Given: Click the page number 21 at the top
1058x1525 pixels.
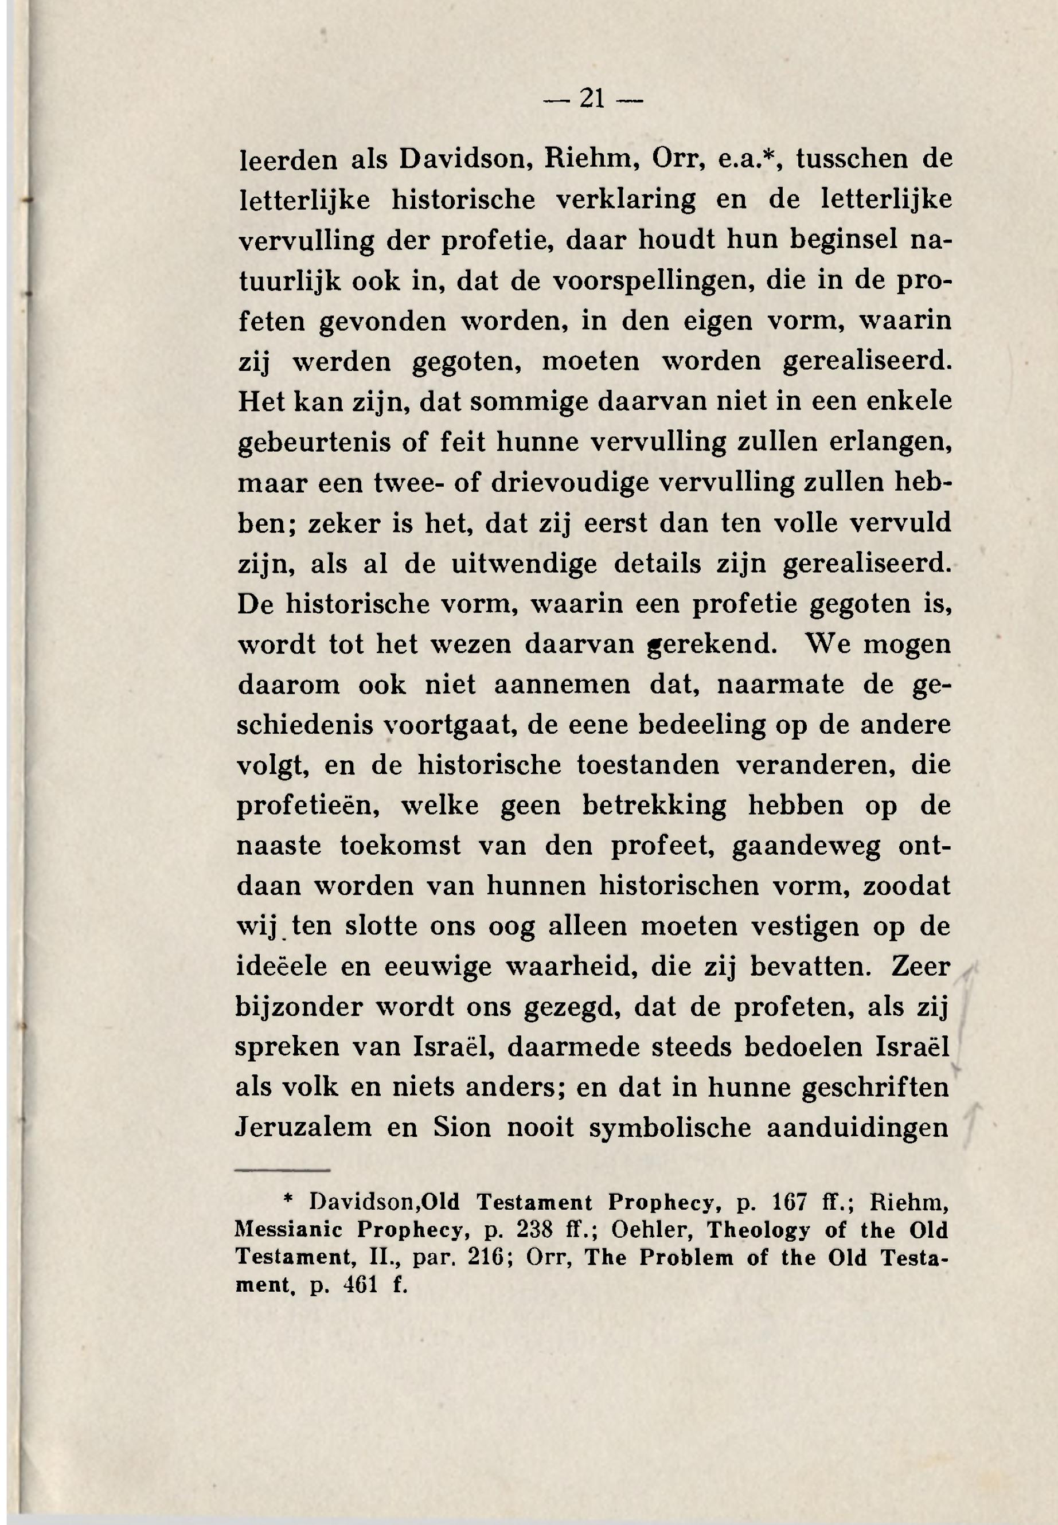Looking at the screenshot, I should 592,99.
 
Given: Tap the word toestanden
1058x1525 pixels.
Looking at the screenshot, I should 647,765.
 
